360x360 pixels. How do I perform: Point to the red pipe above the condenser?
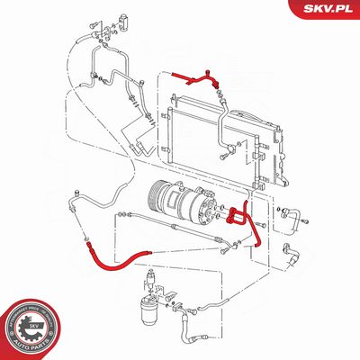tap(193, 79)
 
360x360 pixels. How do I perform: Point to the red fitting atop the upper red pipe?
tap(210, 69)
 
